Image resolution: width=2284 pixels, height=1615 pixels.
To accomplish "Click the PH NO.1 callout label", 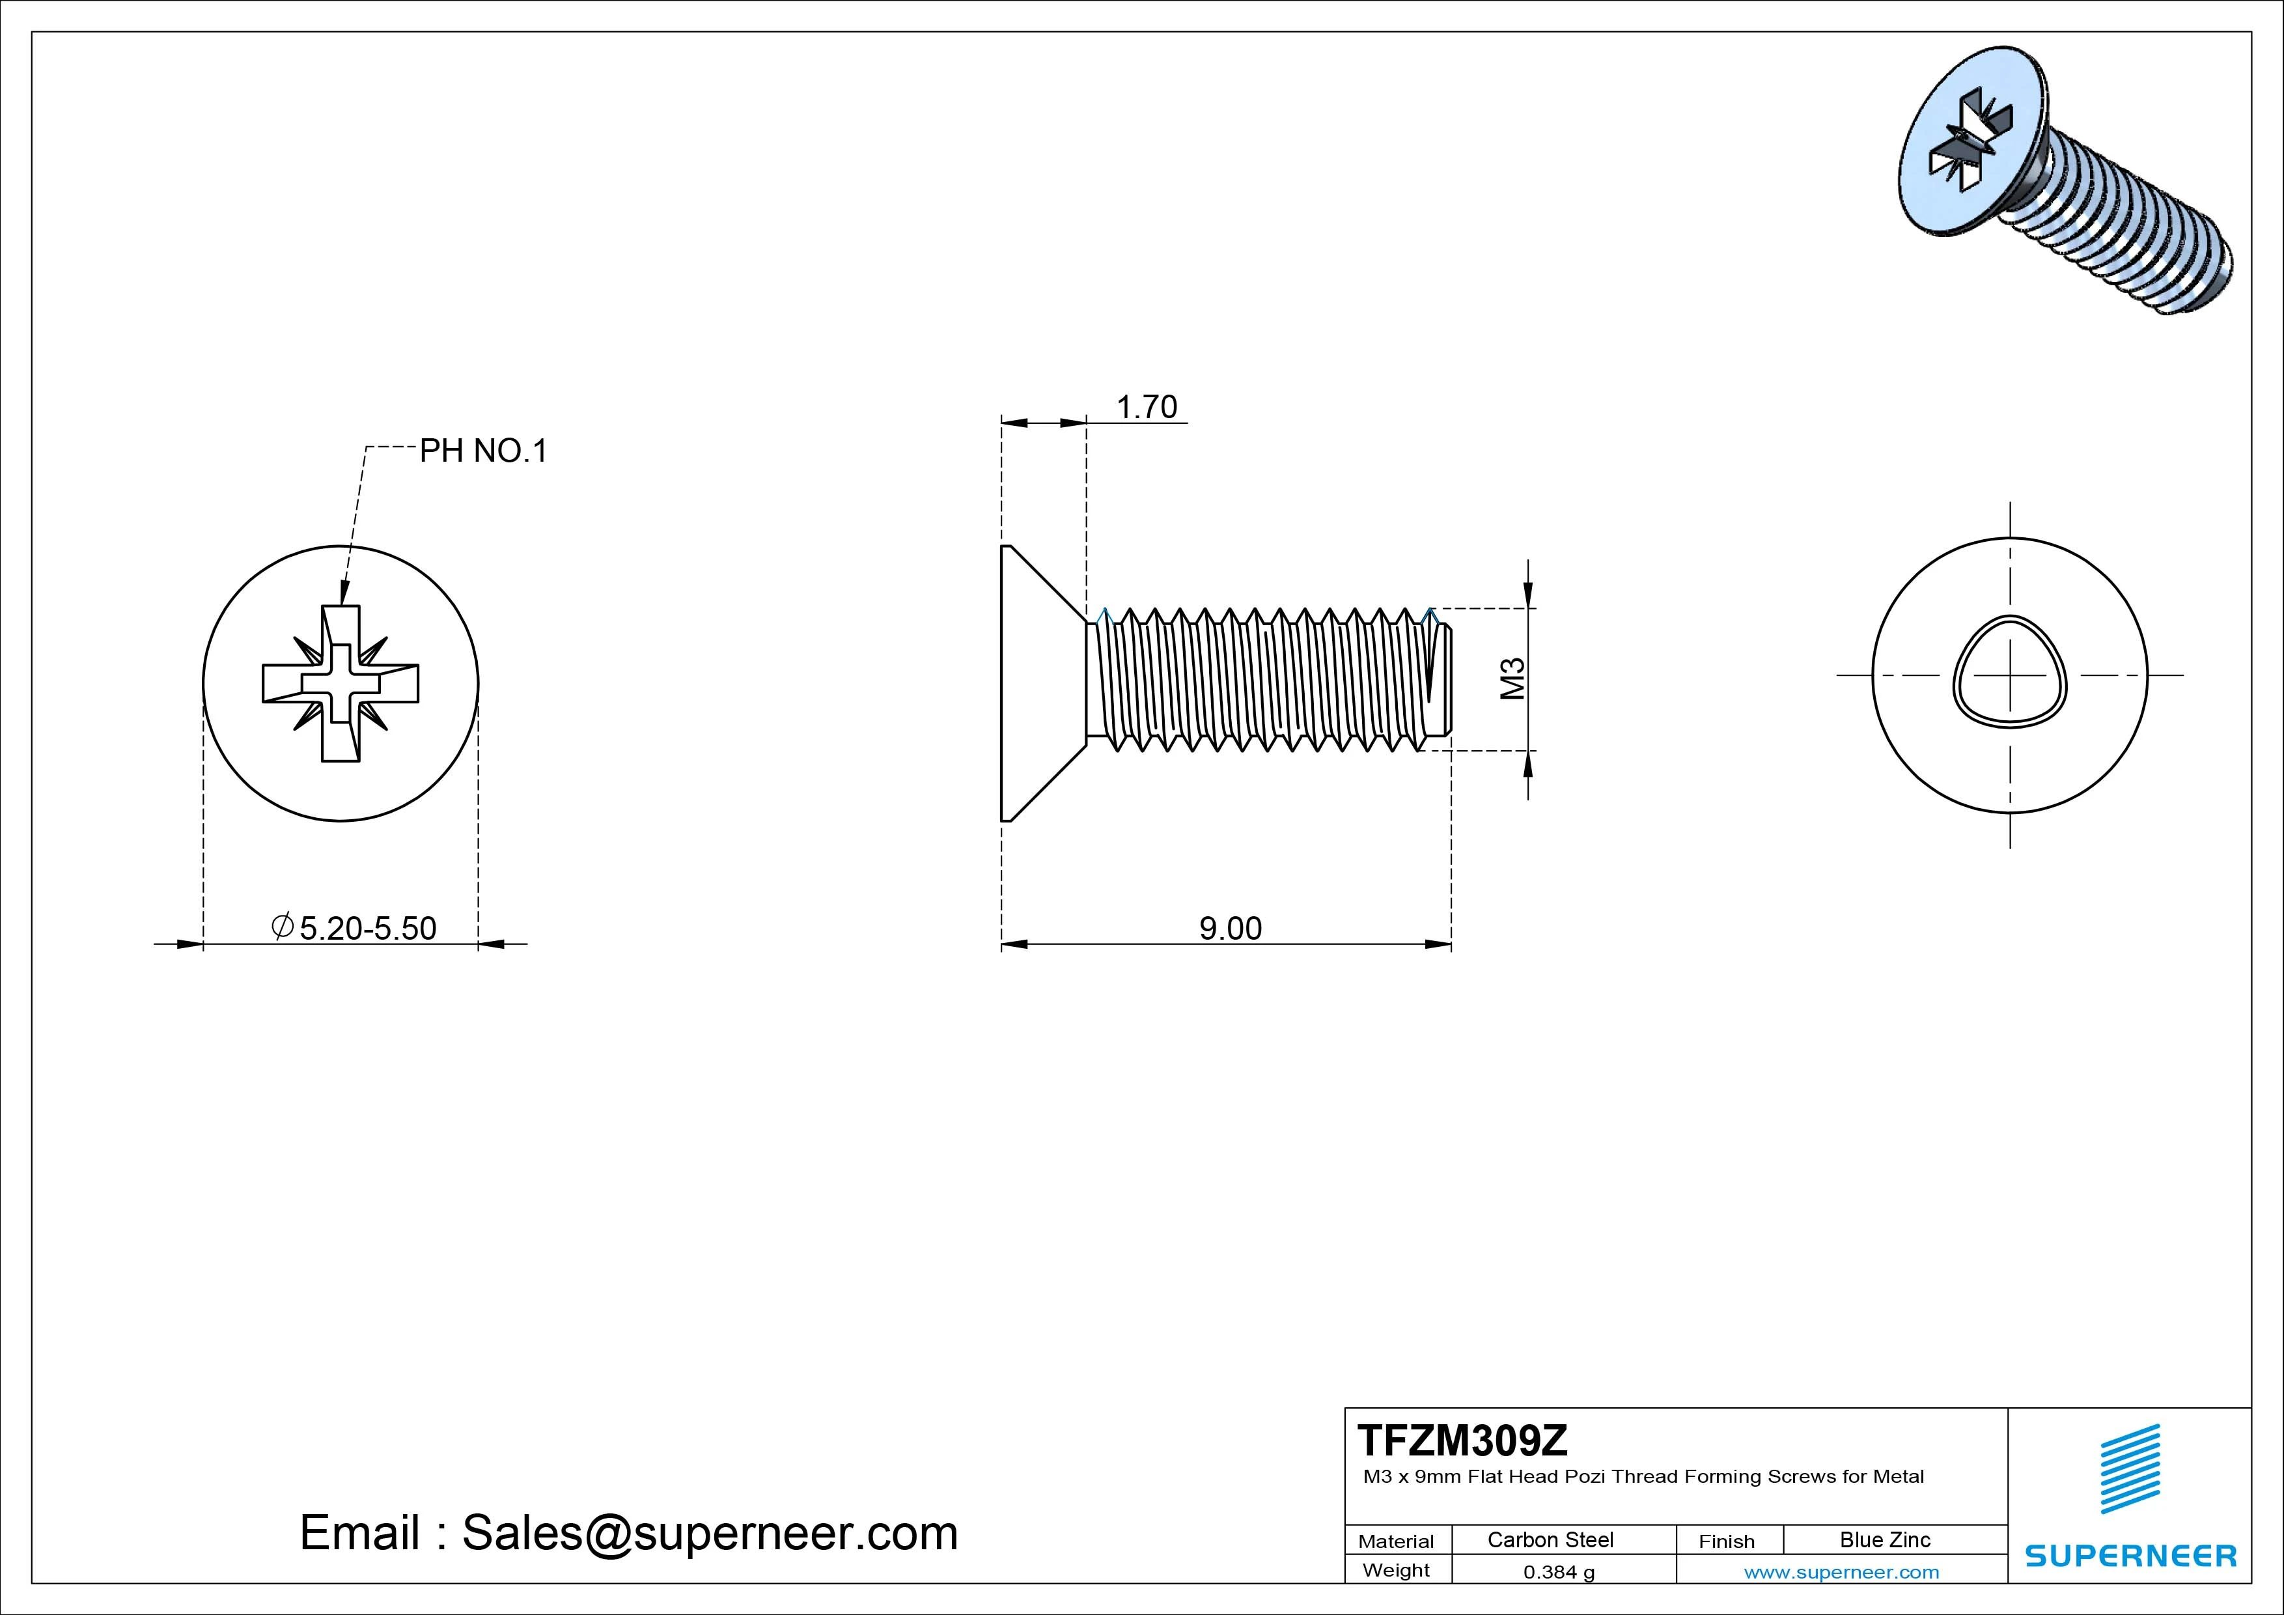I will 484,452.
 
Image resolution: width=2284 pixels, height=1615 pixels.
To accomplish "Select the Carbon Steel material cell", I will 1550,1539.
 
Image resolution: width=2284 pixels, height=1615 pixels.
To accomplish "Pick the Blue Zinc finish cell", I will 1884,1539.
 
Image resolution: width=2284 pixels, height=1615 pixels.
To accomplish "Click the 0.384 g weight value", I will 1558,1572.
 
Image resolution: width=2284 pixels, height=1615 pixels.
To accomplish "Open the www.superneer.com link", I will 1841,1572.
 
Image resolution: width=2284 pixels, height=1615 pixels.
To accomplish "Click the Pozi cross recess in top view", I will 341,684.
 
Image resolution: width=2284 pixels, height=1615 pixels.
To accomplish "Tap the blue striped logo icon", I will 2129,1468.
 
